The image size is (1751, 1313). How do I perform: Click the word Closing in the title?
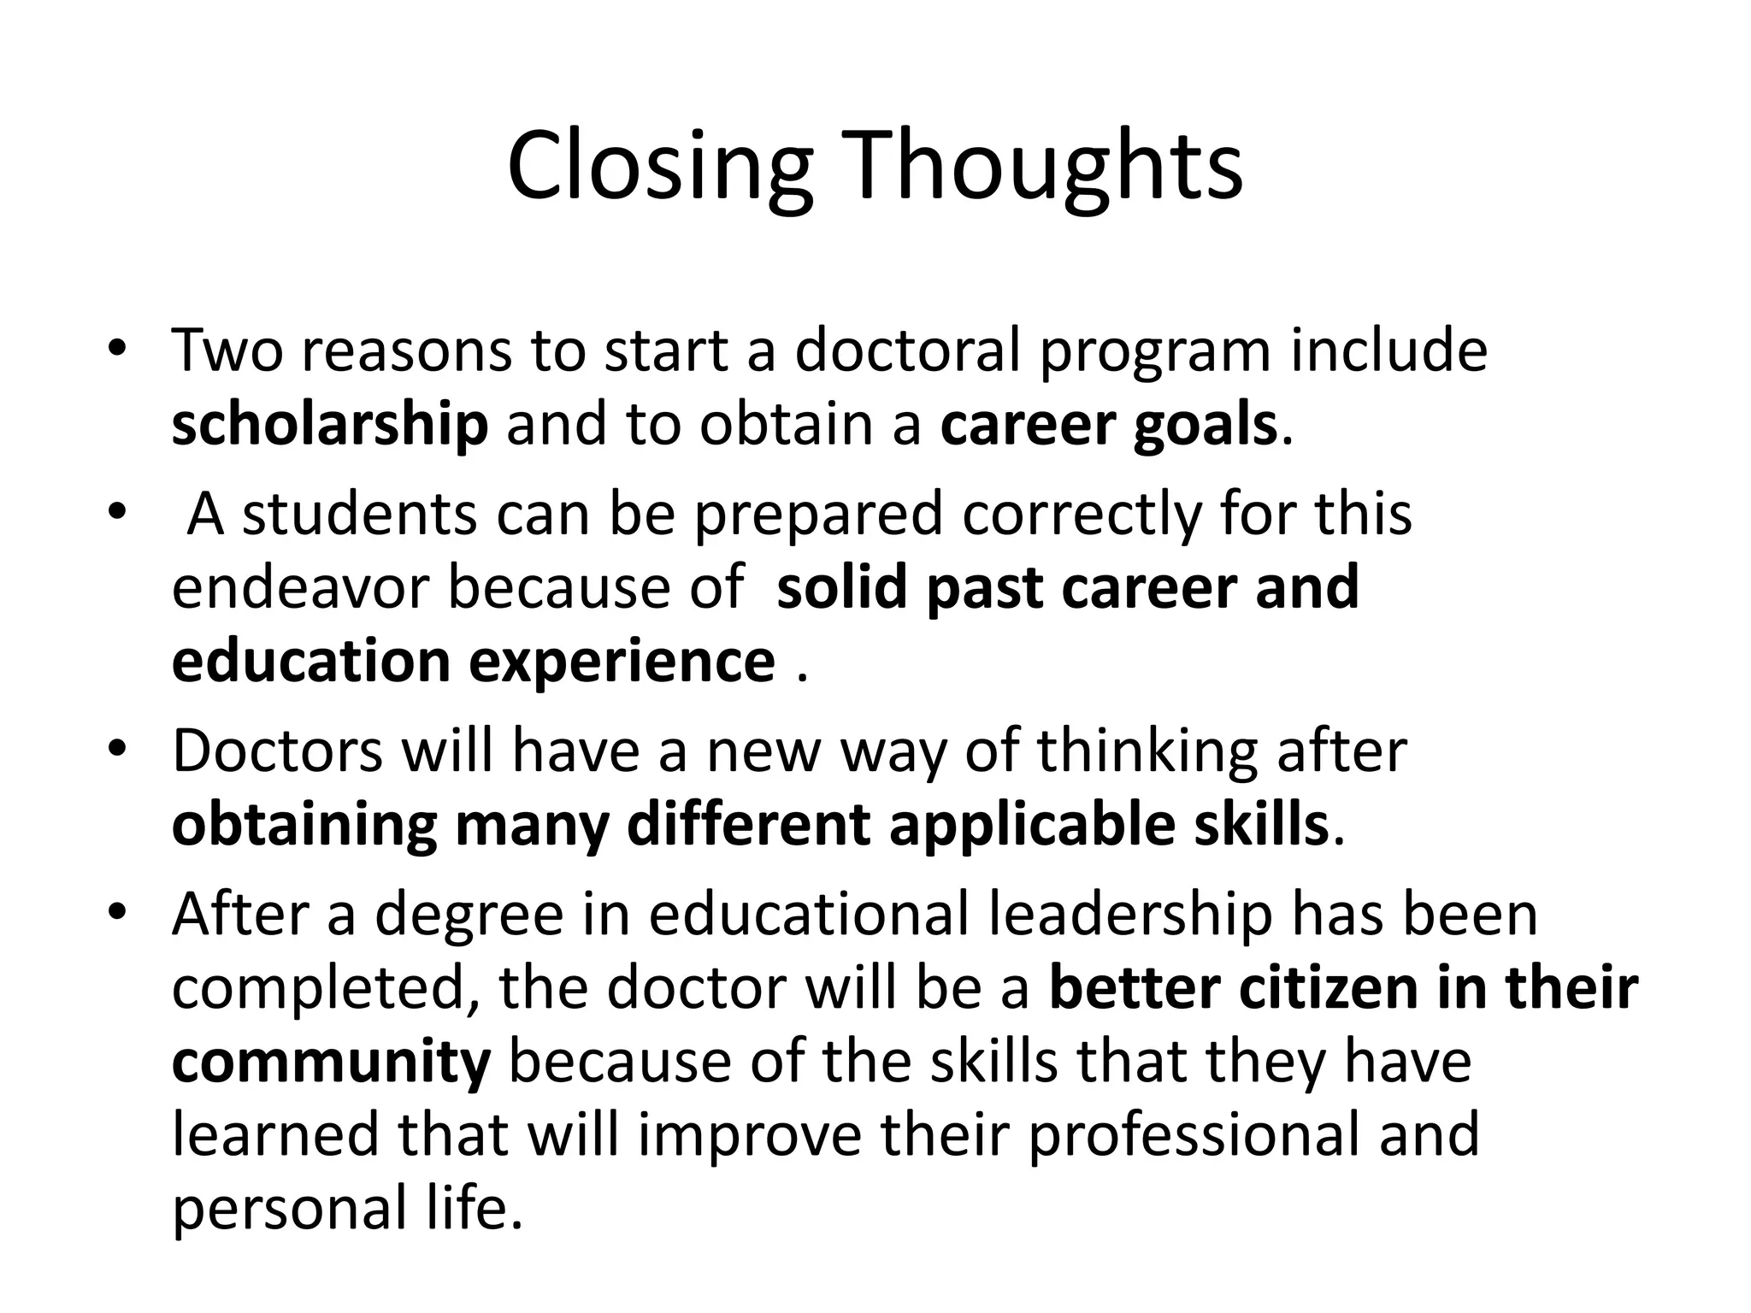[x=658, y=168]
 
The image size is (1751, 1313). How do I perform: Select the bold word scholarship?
[x=329, y=425]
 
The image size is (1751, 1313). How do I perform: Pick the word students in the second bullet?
[x=359, y=514]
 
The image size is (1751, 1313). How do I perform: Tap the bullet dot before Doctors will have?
[x=117, y=750]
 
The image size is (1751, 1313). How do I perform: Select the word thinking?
[x=1147, y=751]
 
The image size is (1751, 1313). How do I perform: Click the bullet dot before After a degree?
[x=117, y=912]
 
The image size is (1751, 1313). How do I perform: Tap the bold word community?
[x=331, y=1063]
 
